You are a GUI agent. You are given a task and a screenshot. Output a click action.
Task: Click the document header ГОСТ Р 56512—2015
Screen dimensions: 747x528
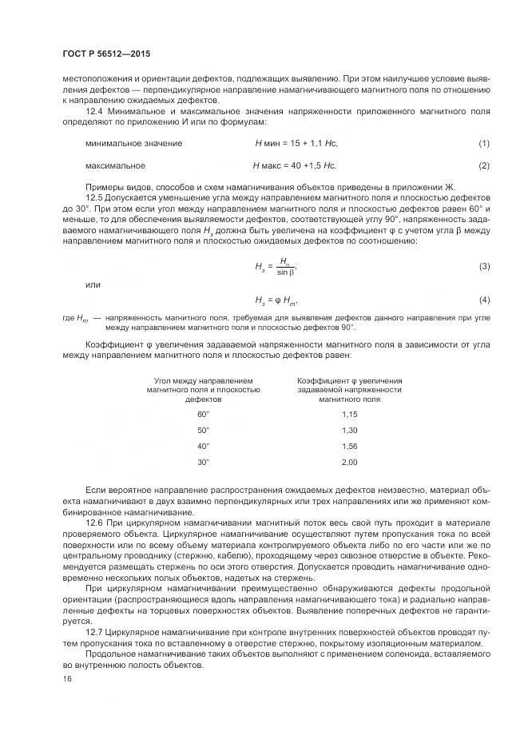[x=105, y=54]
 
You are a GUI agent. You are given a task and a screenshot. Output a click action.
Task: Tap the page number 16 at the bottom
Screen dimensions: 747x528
[x=66, y=678]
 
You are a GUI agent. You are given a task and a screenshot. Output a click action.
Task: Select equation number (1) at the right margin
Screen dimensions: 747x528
[x=483, y=143]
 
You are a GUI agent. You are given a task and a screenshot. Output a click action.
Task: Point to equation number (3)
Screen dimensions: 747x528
[x=483, y=265]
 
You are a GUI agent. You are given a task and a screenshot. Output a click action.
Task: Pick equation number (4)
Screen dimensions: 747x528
[x=483, y=300]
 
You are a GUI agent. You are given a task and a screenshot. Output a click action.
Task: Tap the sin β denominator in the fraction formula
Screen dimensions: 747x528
[x=285, y=272]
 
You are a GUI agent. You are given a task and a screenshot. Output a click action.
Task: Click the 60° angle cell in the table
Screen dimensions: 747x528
[x=203, y=414]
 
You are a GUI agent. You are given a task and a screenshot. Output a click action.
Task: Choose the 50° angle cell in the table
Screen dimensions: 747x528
[x=203, y=430]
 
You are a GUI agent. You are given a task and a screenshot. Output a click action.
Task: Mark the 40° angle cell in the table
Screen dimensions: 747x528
[x=203, y=446]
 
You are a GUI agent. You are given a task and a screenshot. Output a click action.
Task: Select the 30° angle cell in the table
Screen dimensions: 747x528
[x=203, y=462]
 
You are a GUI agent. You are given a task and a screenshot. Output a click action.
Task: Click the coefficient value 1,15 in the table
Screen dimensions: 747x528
[x=349, y=414]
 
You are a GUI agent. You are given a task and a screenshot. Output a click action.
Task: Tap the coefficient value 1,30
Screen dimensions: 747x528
[x=349, y=430]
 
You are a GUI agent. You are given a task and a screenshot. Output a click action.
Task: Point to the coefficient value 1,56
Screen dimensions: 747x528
[x=349, y=446]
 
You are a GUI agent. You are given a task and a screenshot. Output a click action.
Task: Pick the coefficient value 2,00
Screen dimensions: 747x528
[x=349, y=462]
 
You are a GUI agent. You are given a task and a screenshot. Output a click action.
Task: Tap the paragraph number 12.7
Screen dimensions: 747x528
[x=93, y=632]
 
